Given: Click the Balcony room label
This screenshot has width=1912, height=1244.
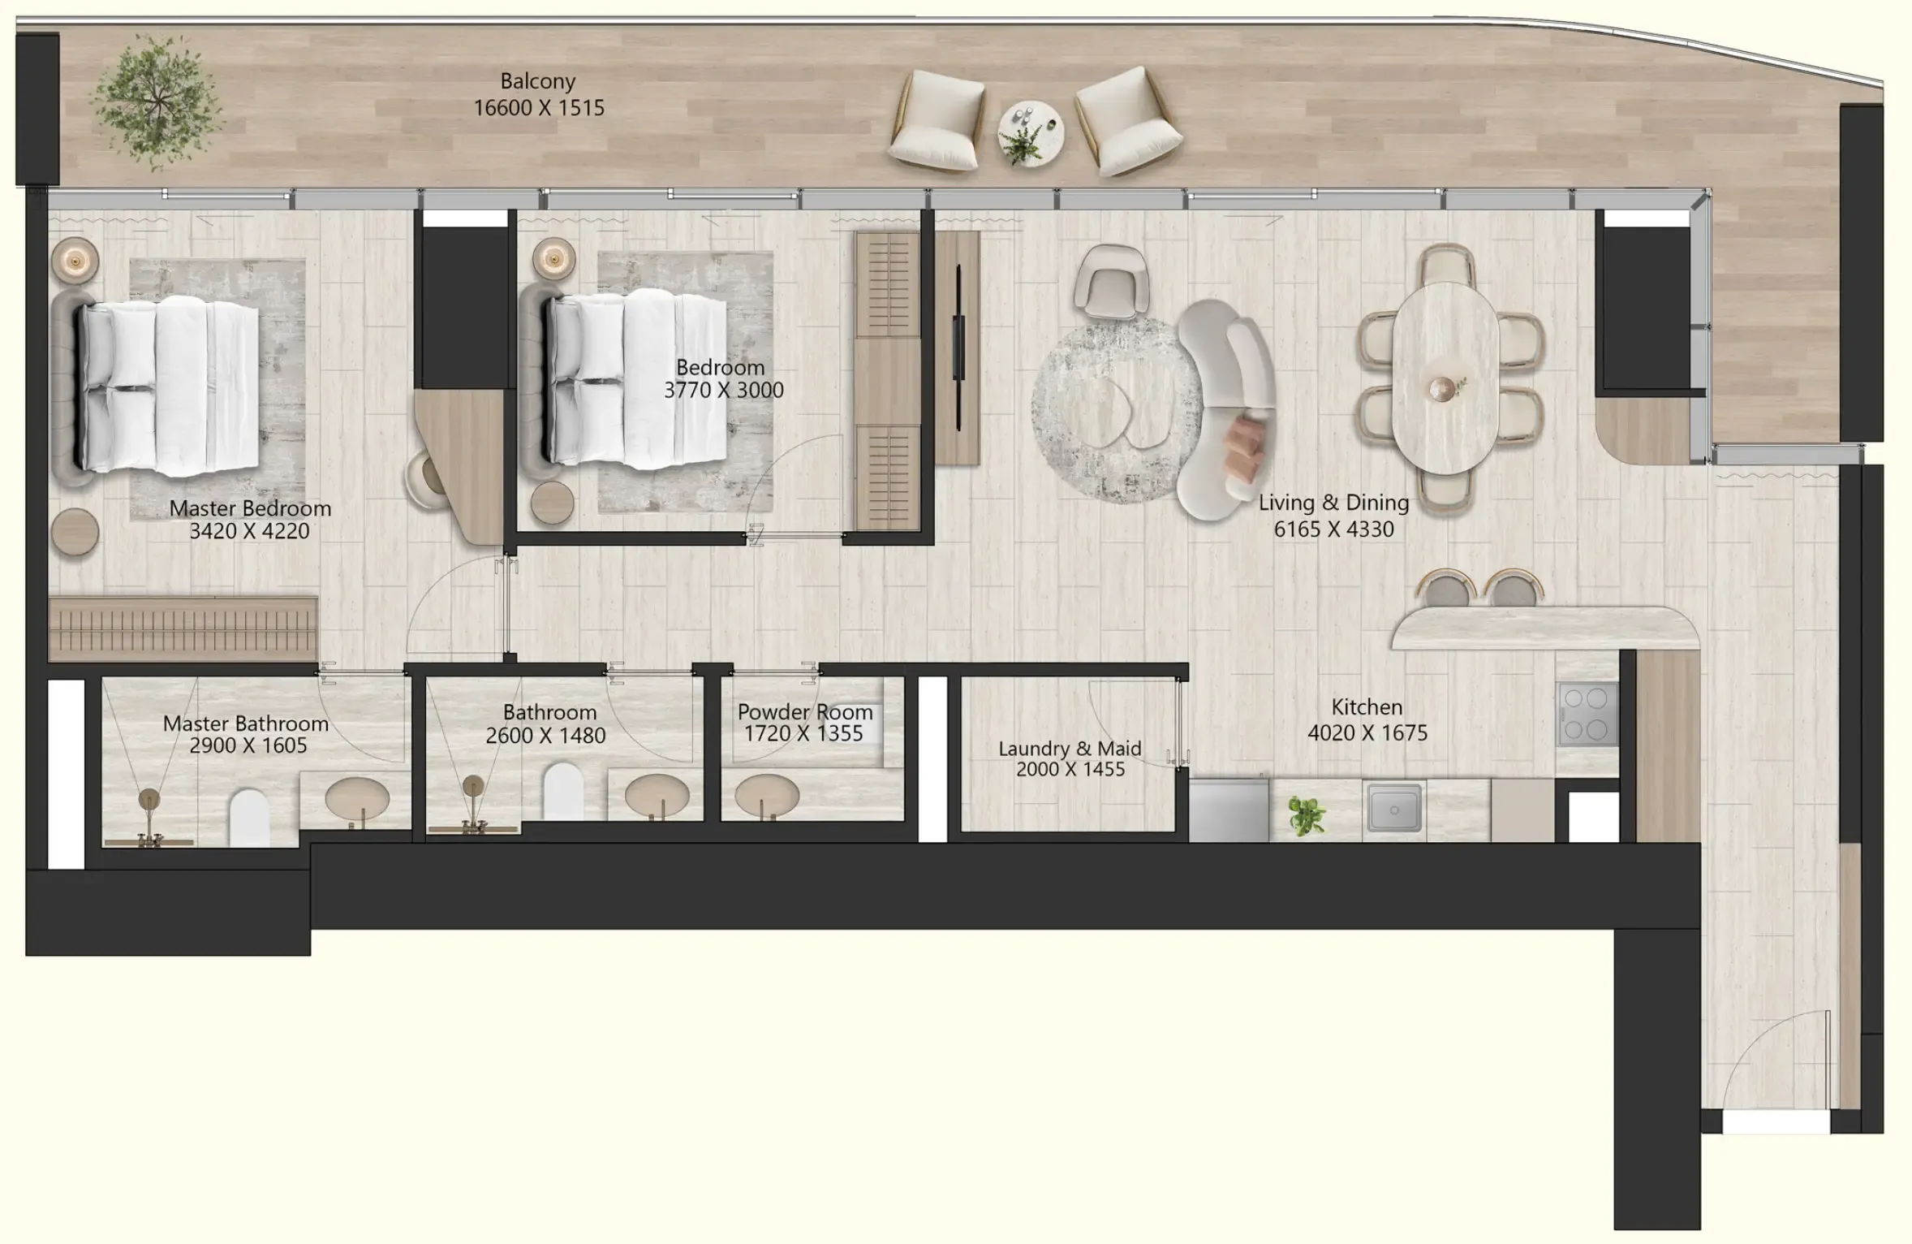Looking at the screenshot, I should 537,81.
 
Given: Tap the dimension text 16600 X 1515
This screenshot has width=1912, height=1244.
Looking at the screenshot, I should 539,108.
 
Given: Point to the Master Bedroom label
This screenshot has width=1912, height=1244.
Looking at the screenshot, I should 250,509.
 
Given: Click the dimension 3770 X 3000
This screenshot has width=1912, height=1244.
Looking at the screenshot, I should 723,391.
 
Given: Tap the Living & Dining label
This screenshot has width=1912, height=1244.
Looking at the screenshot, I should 1333,503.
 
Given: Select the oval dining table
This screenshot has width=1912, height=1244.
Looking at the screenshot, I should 1445,378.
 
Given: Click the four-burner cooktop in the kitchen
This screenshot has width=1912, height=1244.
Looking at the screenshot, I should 1587,714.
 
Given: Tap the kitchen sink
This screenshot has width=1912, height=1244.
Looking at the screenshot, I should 1393,809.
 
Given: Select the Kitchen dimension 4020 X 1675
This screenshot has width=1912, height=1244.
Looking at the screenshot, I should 1367,733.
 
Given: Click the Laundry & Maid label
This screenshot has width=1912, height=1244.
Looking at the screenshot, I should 1070,749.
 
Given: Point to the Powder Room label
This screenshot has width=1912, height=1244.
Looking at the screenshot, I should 804,712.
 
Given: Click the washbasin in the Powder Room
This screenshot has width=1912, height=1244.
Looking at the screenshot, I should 766,793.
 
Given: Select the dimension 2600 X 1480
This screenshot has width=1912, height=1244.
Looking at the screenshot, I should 545,736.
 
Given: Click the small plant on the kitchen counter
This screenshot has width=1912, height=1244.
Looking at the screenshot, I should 1306,814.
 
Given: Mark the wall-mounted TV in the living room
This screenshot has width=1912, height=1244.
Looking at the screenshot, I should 958,347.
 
